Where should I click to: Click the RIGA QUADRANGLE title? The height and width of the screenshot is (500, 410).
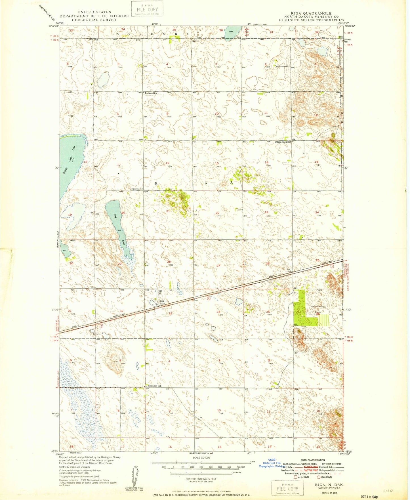(311, 13)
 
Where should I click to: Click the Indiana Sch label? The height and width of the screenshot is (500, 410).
(151, 93)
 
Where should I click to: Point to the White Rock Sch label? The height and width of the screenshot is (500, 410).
(284, 142)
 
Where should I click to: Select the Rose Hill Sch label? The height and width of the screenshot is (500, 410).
(154, 386)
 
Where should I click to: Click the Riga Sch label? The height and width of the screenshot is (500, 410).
(160, 292)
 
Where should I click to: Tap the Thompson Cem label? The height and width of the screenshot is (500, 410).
(135, 189)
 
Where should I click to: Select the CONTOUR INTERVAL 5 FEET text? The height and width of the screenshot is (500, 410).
(201, 479)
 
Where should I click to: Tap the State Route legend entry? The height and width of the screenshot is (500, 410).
(325, 477)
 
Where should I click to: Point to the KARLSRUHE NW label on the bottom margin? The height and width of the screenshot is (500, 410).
(201, 454)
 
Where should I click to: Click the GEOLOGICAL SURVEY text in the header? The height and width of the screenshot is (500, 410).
(94, 20)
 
